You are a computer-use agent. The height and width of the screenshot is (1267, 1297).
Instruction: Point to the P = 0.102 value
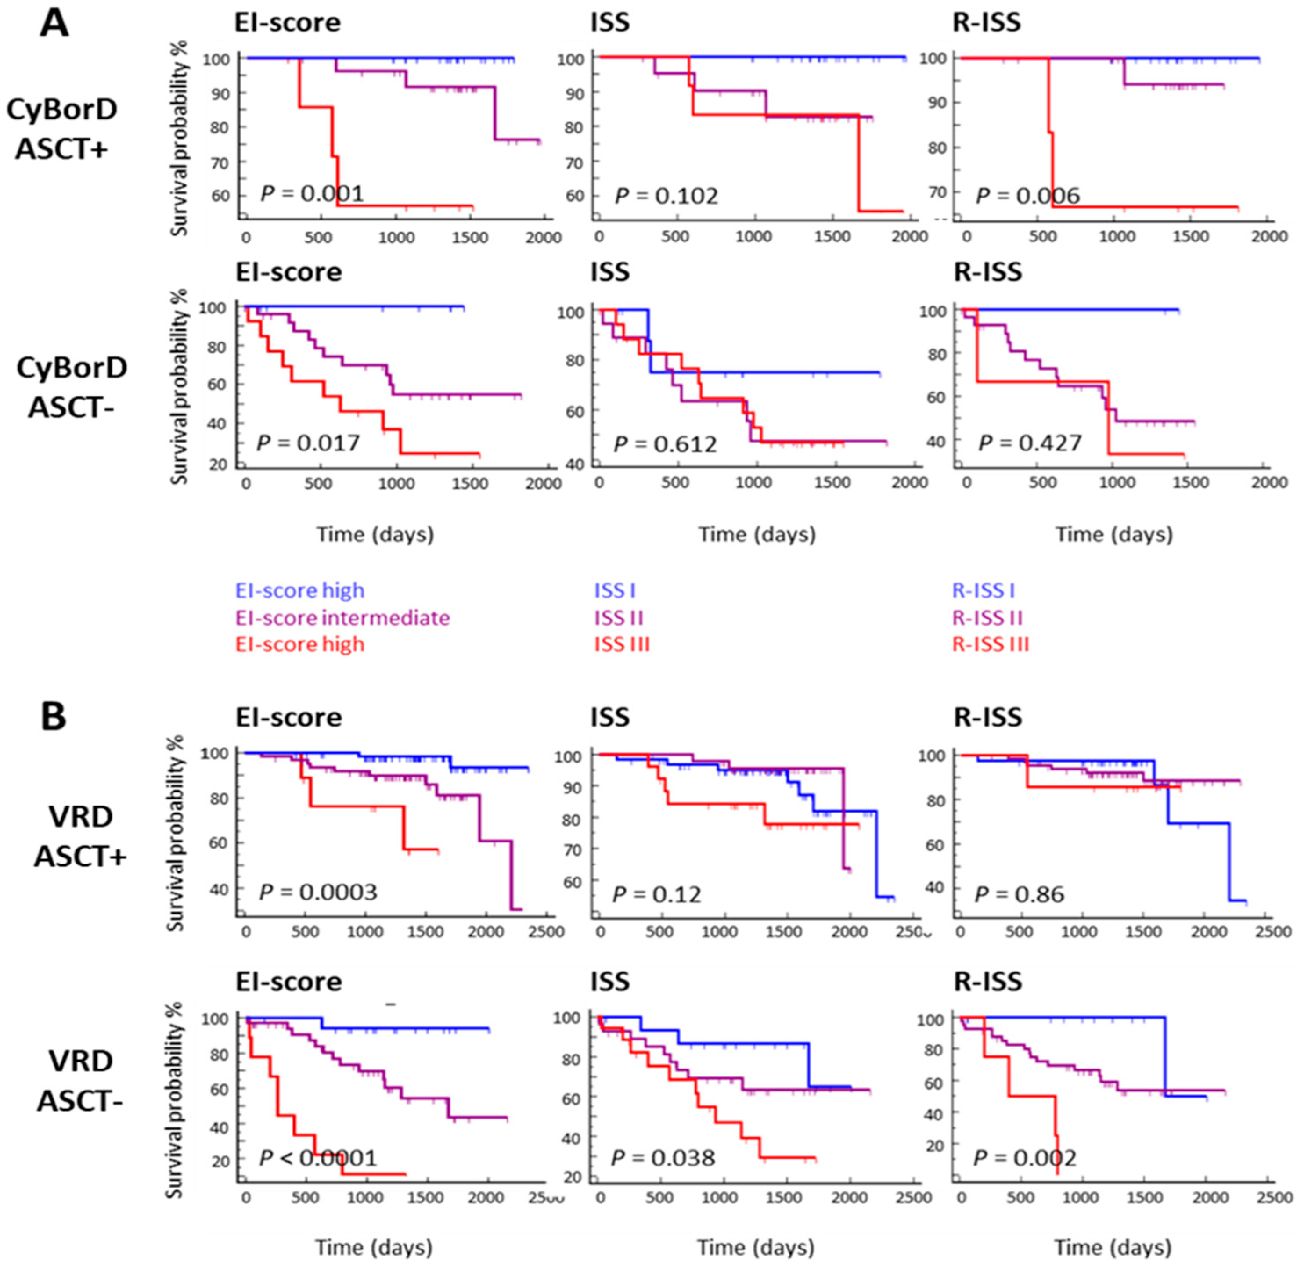point(666,196)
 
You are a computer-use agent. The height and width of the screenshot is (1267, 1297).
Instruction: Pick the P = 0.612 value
point(665,444)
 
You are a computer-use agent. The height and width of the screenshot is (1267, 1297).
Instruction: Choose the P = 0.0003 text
point(318,892)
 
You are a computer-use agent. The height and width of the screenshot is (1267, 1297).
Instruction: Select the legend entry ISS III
point(622,644)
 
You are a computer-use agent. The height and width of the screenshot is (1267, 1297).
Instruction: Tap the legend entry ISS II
point(619,618)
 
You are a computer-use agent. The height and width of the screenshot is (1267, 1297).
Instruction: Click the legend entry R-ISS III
point(990,644)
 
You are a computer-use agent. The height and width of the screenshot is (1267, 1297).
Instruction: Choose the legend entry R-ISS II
point(987,618)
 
